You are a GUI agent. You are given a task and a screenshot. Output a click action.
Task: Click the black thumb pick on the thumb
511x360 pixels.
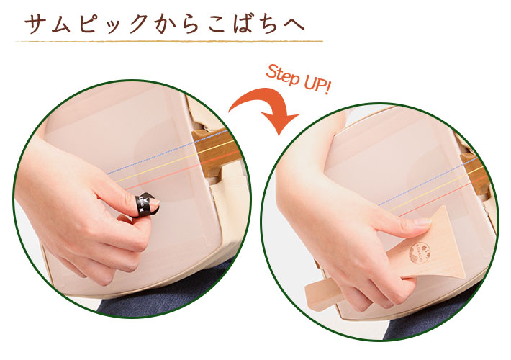coord(145,204)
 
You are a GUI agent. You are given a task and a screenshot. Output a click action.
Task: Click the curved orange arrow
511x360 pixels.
coord(266,108)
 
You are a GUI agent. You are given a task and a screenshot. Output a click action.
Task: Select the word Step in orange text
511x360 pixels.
coord(282,75)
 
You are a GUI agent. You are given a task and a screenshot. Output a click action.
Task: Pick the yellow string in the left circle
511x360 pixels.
coord(172,162)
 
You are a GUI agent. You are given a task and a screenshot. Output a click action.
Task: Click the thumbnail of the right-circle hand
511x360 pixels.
coord(422,222)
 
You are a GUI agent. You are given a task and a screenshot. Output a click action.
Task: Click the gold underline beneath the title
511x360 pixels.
coord(169,42)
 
